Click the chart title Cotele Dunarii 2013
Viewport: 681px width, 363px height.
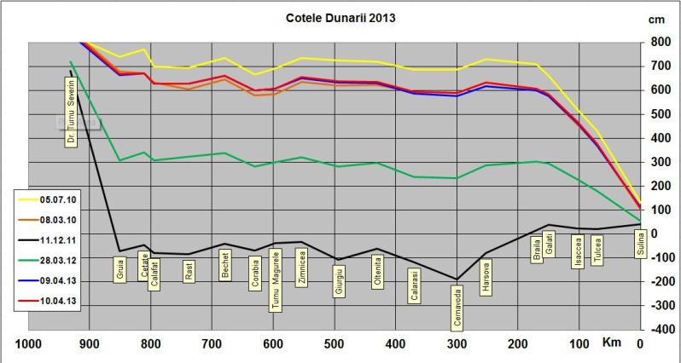tap(339, 17)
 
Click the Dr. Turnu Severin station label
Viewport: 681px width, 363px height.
tap(72, 110)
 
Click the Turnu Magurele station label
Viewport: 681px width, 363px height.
tap(275, 280)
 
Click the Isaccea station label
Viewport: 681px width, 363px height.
tap(578, 254)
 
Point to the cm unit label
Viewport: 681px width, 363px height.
tap(656, 19)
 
